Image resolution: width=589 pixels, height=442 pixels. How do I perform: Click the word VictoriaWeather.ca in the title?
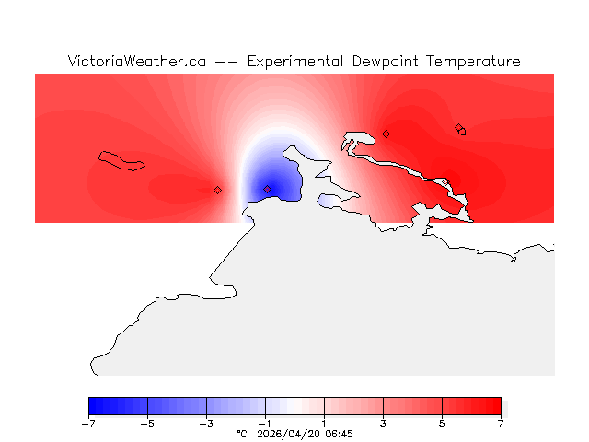click(x=136, y=62)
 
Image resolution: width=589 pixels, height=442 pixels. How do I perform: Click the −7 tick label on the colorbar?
click(x=88, y=424)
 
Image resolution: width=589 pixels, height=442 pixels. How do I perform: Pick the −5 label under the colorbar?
click(x=147, y=424)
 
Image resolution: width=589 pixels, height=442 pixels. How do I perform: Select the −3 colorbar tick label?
click(x=206, y=424)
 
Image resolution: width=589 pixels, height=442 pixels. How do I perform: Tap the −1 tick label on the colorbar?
click(x=265, y=424)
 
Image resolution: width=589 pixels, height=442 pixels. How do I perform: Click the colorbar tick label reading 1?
click(x=324, y=424)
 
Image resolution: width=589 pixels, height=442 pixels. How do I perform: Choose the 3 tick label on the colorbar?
click(x=383, y=424)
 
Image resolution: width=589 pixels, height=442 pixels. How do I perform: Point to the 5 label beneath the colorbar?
click(x=442, y=424)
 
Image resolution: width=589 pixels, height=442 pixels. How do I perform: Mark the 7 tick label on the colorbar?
click(x=501, y=424)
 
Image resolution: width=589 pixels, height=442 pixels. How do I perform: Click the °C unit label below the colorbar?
click(x=242, y=433)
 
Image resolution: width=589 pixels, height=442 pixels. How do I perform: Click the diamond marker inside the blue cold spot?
click(x=268, y=190)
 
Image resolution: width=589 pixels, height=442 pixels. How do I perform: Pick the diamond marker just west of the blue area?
click(x=217, y=190)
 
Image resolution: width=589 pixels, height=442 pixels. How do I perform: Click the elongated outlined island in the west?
click(x=121, y=161)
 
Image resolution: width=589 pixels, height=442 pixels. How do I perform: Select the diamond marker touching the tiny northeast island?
click(x=459, y=128)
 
